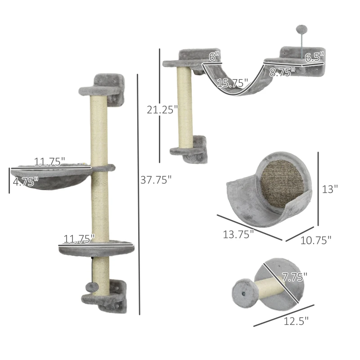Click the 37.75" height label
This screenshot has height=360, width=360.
coord(156,180)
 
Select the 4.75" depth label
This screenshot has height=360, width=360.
coord(26,181)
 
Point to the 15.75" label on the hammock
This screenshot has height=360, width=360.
coord(233,83)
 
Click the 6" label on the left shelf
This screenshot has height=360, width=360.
coord(214,57)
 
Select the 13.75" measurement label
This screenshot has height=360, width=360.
coord(238,234)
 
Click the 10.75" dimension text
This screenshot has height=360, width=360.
coord(316,240)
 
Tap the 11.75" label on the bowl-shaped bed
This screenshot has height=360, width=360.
coord(50,161)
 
